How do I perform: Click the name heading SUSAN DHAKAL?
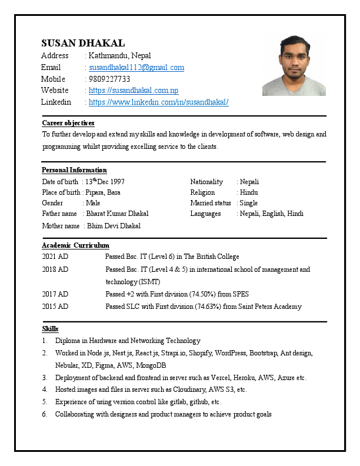(83, 43)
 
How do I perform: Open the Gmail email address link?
(136, 68)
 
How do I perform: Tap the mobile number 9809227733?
(109, 79)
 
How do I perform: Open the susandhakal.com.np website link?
(134, 91)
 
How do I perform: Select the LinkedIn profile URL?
(158, 102)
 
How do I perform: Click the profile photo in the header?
(294, 65)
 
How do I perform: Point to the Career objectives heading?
(68, 123)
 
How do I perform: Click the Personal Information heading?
(74, 170)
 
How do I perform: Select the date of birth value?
(105, 182)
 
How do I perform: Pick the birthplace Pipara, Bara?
(103, 192)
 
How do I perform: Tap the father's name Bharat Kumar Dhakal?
(117, 214)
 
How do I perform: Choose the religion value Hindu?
(249, 192)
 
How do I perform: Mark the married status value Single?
(248, 203)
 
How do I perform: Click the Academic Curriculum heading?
(75, 245)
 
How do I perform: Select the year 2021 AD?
(55, 257)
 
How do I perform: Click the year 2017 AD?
(55, 294)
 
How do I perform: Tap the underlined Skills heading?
(50, 328)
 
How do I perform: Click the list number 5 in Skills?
(45, 402)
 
